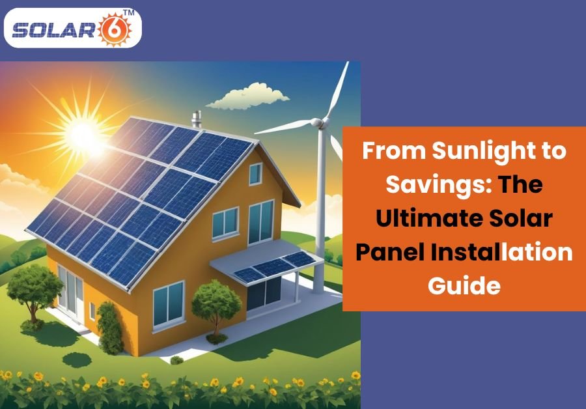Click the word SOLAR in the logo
[x=53, y=30]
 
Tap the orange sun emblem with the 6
[x=115, y=29]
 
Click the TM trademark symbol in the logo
[x=128, y=12]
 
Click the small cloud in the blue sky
[x=248, y=97]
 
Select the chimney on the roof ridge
[x=196, y=119]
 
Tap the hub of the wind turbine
[x=317, y=122]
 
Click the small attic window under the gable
[x=256, y=174]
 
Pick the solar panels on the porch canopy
[x=274, y=266]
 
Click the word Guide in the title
[x=464, y=286]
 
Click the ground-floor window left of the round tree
[x=169, y=304]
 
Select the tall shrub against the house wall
[x=110, y=328]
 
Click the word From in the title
[x=395, y=150]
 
